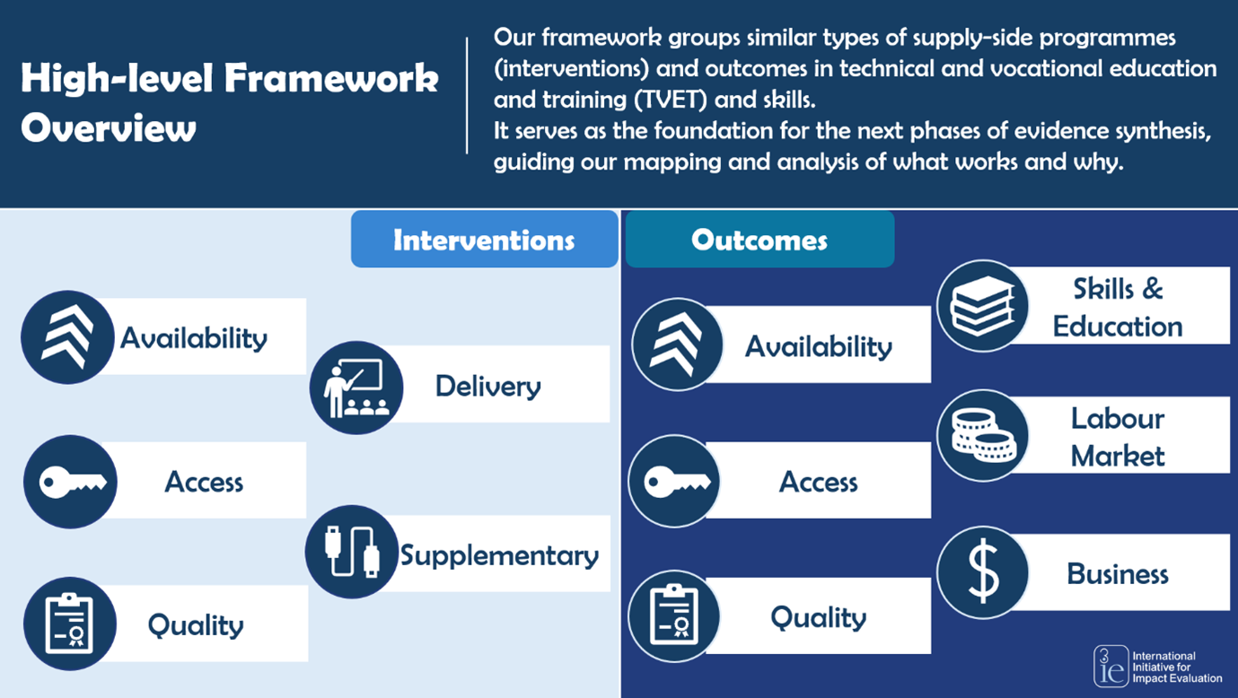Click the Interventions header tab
[484, 240]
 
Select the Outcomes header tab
[759, 240]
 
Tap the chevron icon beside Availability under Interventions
[67, 337]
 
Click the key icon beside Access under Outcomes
[673, 481]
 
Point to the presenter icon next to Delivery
[356, 387]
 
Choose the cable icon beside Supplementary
[351, 551]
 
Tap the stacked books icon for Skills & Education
[982, 306]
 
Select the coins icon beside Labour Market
[982, 435]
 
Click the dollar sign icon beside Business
[982, 572]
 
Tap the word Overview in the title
[108, 128]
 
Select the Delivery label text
[487, 387]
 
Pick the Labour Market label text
[1118, 437]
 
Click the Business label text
[1118, 573]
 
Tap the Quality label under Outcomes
[818, 617]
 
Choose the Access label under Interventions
[204, 482]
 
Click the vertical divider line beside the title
[467, 95]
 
